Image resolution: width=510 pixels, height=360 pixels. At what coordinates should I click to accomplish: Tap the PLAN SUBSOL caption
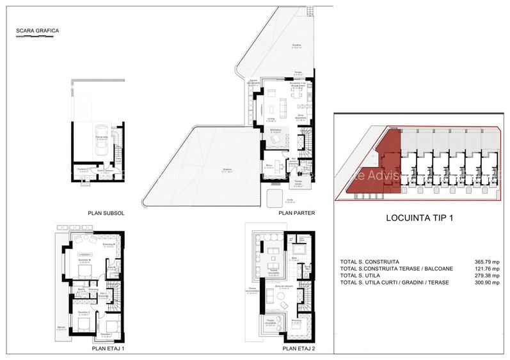106,214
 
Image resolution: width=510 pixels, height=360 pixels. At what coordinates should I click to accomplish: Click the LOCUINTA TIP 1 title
419,219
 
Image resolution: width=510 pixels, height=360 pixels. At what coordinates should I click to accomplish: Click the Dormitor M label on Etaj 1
84,260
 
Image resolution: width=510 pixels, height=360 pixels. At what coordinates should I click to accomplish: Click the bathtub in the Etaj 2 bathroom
298,248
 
